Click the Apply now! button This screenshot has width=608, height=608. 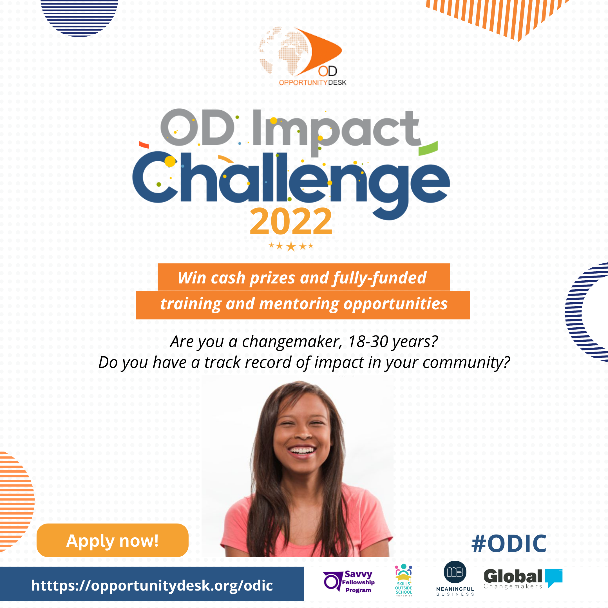(x=112, y=540)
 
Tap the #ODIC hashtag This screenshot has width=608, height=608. (x=509, y=544)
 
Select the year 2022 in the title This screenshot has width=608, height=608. (x=291, y=222)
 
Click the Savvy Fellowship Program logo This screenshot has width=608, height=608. (x=349, y=582)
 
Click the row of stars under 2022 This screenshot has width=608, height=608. (x=291, y=246)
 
